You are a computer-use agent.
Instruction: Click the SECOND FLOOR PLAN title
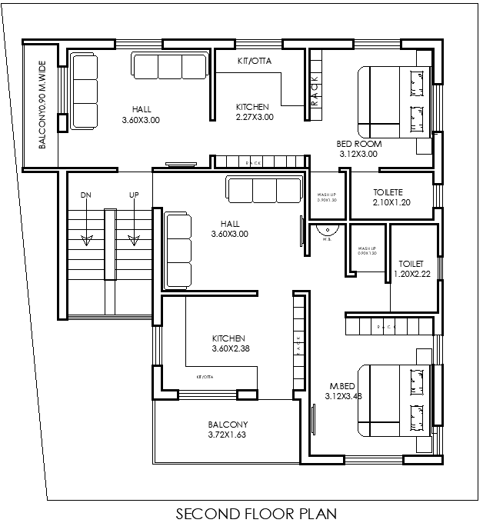(x=256, y=512)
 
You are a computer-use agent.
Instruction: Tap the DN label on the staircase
(x=85, y=195)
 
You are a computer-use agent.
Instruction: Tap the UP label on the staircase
(x=134, y=195)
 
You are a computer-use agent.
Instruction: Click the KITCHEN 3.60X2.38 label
(x=228, y=343)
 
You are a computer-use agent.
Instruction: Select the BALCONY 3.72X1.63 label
(x=228, y=430)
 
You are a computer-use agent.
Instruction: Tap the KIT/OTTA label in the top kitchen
(x=254, y=60)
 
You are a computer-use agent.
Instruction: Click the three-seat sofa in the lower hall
(x=265, y=189)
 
